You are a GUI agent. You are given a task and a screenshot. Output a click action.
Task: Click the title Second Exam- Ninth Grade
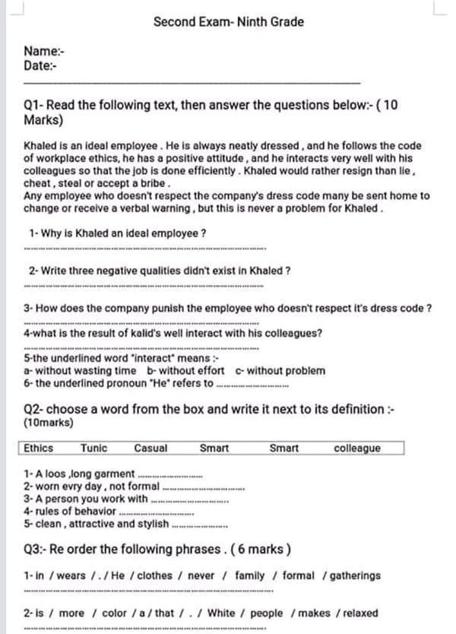point(228,22)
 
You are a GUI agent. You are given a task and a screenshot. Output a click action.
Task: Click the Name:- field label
point(44,52)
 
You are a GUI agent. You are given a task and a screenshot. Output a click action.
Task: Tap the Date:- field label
point(41,65)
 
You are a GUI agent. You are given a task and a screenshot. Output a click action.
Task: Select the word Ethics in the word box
point(39,449)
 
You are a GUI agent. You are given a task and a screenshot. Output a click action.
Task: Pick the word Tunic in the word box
point(94,449)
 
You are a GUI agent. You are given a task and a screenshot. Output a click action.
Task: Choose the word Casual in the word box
point(150,449)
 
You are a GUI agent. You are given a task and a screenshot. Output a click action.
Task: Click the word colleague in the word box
point(357,449)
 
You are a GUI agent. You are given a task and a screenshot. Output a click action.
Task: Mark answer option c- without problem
point(280,371)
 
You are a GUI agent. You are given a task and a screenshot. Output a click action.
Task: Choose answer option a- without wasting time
point(81,371)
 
